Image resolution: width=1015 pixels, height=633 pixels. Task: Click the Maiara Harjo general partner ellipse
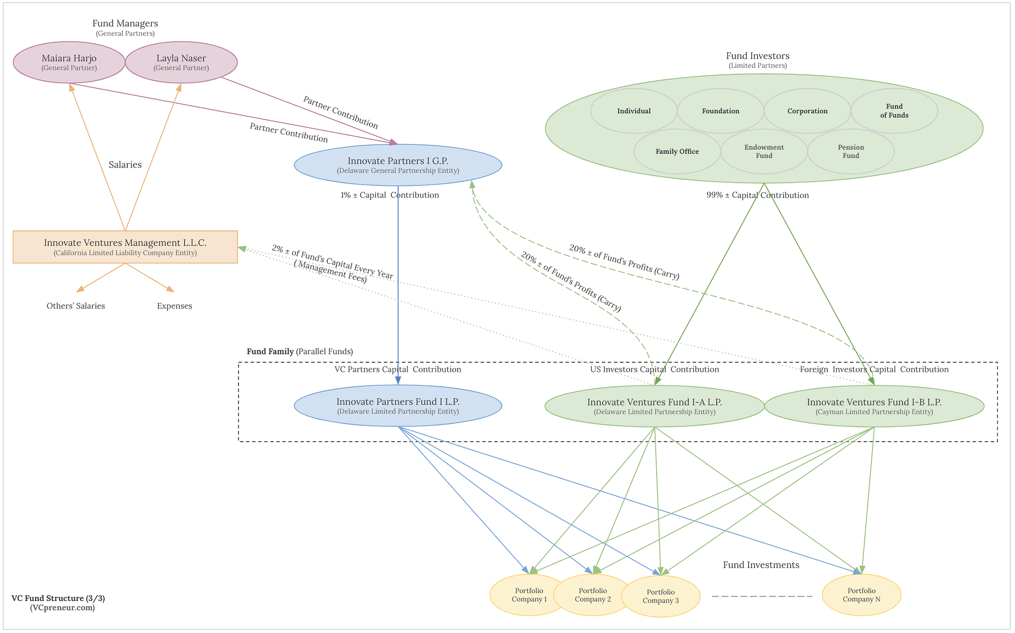click(69, 62)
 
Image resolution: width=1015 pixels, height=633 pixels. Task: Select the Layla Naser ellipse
click(181, 62)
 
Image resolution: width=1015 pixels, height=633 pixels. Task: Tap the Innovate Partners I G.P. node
click(398, 165)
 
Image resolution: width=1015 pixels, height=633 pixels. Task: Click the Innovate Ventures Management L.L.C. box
click(125, 247)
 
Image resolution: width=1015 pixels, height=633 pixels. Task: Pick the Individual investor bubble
click(634, 111)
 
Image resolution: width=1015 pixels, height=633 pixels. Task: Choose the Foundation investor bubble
click(721, 111)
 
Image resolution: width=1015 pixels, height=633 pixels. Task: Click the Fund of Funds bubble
click(894, 111)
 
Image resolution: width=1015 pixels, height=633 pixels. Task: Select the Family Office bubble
click(677, 151)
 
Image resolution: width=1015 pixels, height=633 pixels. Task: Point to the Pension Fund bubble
click(851, 151)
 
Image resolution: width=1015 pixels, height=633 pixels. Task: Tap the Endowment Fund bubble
click(764, 151)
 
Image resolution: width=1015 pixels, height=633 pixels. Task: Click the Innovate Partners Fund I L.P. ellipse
click(398, 406)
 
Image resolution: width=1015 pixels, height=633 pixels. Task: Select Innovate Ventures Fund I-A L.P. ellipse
click(654, 406)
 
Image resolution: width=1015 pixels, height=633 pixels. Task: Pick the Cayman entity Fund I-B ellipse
click(874, 406)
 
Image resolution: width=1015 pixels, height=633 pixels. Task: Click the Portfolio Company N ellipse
click(861, 594)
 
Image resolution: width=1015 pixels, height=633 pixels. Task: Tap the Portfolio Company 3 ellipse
click(661, 596)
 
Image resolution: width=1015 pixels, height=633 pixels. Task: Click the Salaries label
click(125, 164)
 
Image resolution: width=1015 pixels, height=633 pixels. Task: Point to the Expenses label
click(175, 306)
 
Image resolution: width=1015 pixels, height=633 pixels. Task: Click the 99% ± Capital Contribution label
click(757, 195)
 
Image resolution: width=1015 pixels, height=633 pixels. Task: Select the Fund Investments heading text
click(761, 565)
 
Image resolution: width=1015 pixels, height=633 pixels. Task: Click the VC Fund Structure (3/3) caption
click(58, 598)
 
